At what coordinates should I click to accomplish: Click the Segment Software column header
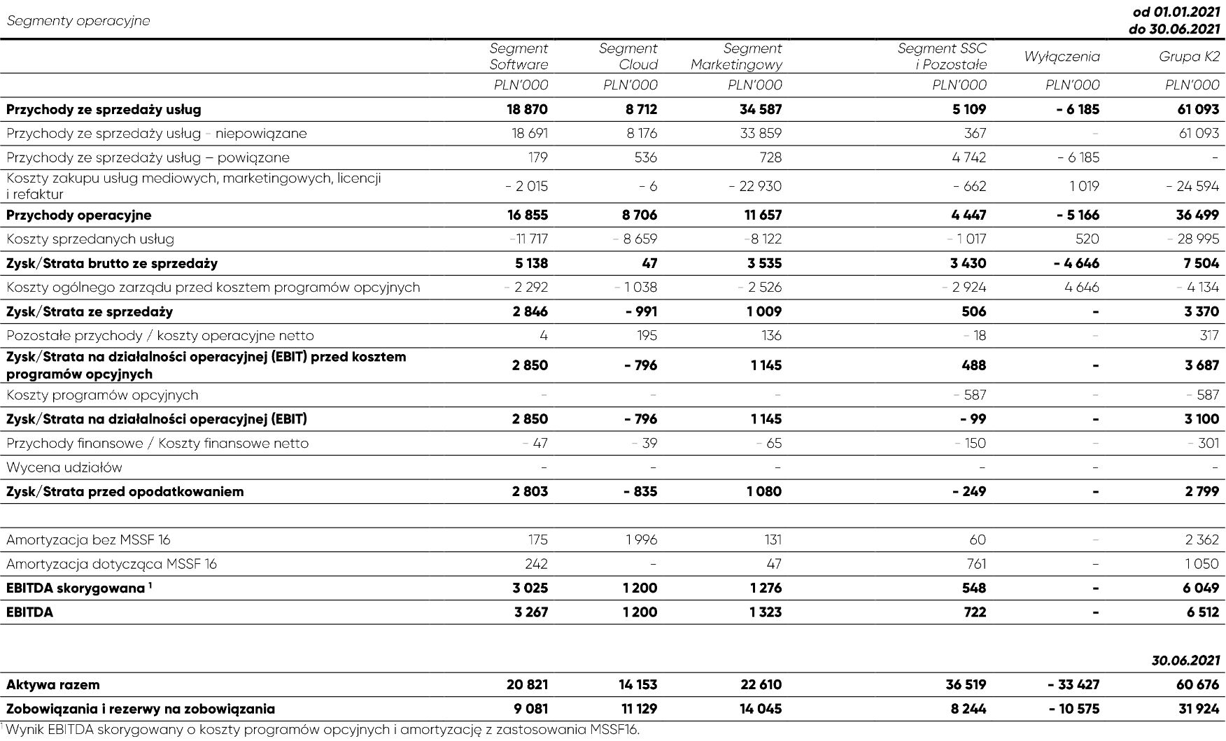pos(519,57)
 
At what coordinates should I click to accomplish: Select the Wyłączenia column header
pos(1062,57)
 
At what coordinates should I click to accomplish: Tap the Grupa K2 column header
pos(1189,57)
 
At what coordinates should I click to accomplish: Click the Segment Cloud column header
pos(628,57)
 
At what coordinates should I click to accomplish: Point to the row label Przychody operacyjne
pos(78,215)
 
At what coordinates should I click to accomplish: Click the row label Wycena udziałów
pos(64,467)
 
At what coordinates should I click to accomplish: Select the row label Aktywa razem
pos(53,684)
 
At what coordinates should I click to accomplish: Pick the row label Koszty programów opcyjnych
pos(102,395)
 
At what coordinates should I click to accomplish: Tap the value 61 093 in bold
pos(1197,109)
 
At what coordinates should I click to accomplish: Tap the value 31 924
pos(1198,708)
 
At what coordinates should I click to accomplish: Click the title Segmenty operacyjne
pos(78,20)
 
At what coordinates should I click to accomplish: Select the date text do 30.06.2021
pos(1174,29)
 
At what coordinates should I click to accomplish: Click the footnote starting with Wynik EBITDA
pos(322,730)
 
